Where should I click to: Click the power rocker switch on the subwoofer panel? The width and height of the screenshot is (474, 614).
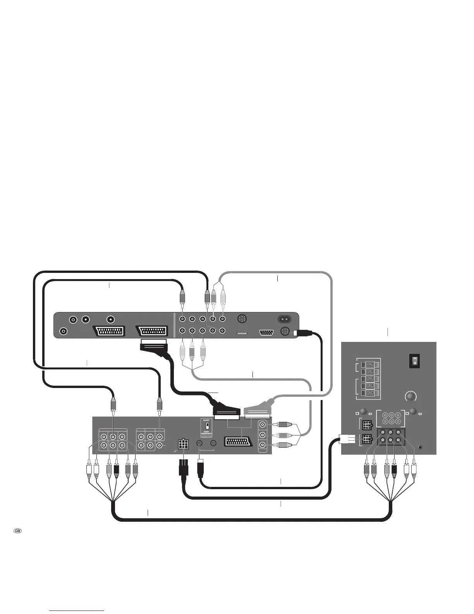tap(415, 361)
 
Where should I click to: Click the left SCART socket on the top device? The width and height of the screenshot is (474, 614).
tap(108, 331)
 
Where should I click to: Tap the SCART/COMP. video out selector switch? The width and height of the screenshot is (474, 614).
tap(207, 425)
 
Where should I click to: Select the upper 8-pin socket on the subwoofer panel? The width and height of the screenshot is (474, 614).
tap(366, 425)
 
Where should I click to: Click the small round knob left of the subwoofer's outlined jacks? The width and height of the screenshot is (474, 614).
tap(363, 412)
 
